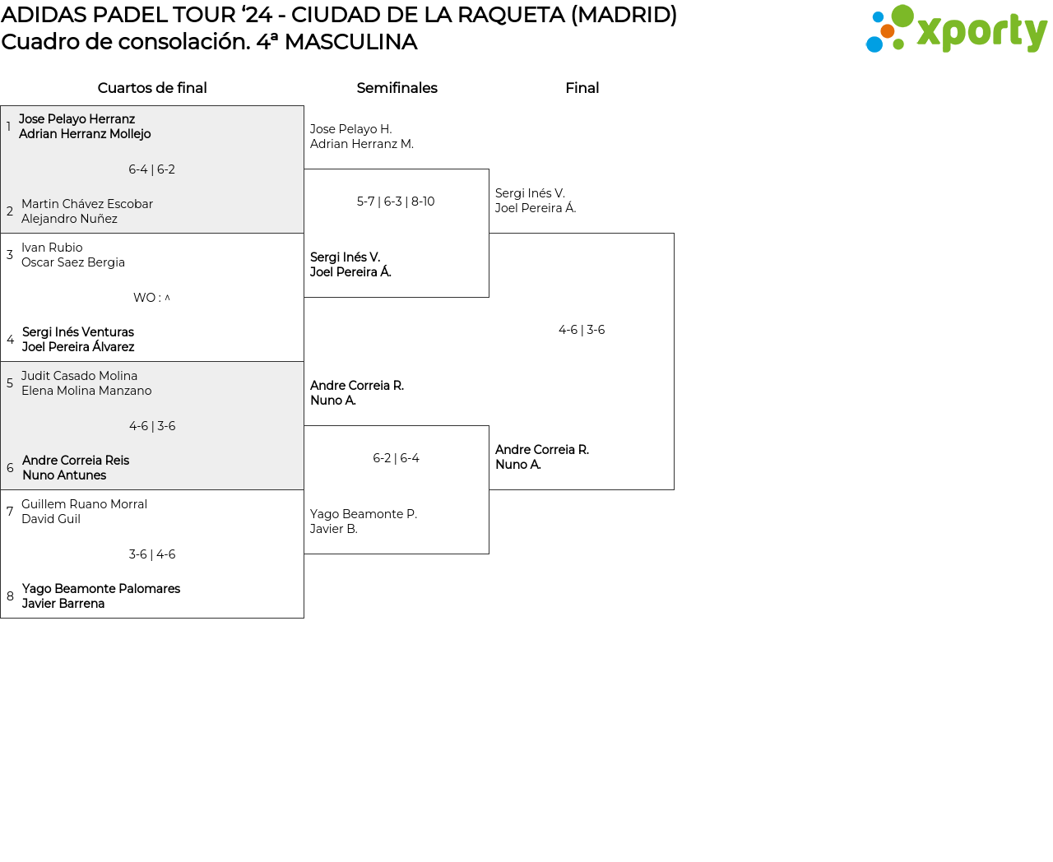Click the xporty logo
coord(956,29)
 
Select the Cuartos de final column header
coord(152,88)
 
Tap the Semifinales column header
coord(397,88)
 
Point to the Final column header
coord(582,88)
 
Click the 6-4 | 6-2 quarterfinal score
coord(152,169)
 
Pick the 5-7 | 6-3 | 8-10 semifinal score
coord(396,202)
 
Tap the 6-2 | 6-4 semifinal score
coord(396,457)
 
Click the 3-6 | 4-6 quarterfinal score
coord(152,554)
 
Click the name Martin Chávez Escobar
coord(87,204)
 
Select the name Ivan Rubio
coord(52,247)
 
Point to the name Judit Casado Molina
coord(80,375)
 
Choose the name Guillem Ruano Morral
coord(85,503)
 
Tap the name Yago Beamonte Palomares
coord(101,588)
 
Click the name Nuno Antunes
coord(64,475)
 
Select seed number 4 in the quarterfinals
coord(10,340)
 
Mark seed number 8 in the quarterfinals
coord(10,596)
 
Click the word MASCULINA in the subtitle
coord(350,42)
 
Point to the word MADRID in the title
coord(624,15)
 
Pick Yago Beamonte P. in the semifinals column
coord(364,513)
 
